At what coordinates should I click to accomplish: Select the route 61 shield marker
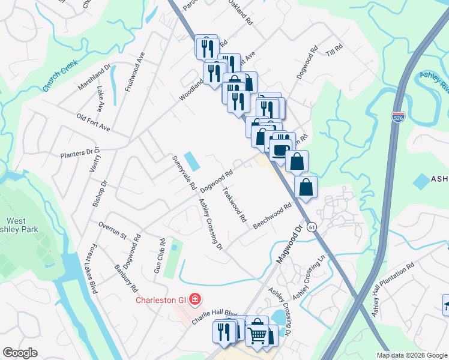pyautogui.click(x=311, y=227)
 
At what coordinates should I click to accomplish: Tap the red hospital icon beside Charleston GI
pyautogui.click(x=194, y=298)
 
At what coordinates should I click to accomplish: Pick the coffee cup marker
pyautogui.click(x=280, y=150)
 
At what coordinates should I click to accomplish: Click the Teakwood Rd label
pyautogui.click(x=235, y=205)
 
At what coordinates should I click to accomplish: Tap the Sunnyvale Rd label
pyautogui.click(x=184, y=173)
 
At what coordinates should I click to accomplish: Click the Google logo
pyautogui.click(x=20, y=353)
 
